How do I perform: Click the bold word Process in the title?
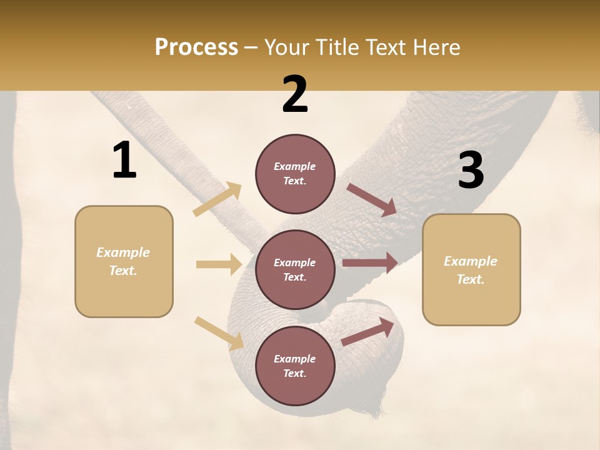pyautogui.click(x=196, y=47)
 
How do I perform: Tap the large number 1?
pyautogui.click(x=124, y=161)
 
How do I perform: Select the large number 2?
pyautogui.click(x=295, y=94)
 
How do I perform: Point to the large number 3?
pyautogui.click(x=471, y=171)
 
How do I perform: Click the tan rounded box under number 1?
pyautogui.click(x=124, y=261)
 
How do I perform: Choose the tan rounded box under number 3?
pyautogui.click(x=471, y=269)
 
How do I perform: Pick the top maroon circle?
pyautogui.click(x=295, y=174)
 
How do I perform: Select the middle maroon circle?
pyautogui.click(x=295, y=269)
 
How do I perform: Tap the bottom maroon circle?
pyautogui.click(x=295, y=366)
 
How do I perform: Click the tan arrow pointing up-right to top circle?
pyautogui.click(x=217, y=199)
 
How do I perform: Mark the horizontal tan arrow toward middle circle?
pyautogui.click(x=219, y=264)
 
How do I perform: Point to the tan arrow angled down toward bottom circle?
pyautogui.click(x=219, y=332)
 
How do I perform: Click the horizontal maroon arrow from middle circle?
pyautogui.click(x=370, y=263)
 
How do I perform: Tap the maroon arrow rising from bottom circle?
pyautogui.click(x=367, y=331)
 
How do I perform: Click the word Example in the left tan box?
pyautogui.click(x=123, y=252)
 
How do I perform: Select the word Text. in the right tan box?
pyautogui.click(x=471, y=279)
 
